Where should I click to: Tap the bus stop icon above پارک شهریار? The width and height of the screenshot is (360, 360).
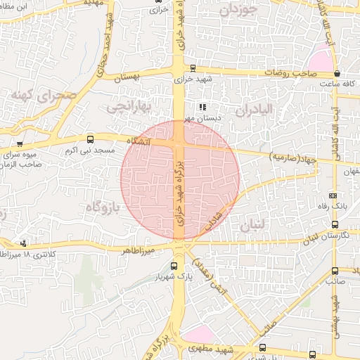click(x=174, y=265)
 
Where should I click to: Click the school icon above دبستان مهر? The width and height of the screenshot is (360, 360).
click(x=203, y=108)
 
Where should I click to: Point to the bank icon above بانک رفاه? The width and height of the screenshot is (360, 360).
click(x=333, y=196)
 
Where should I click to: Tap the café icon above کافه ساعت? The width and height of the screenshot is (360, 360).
click(x=337, y=73)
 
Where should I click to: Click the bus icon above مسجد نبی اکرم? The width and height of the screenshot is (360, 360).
click(x=89, y=140)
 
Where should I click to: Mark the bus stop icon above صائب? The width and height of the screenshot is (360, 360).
click(x=335, y=269)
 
